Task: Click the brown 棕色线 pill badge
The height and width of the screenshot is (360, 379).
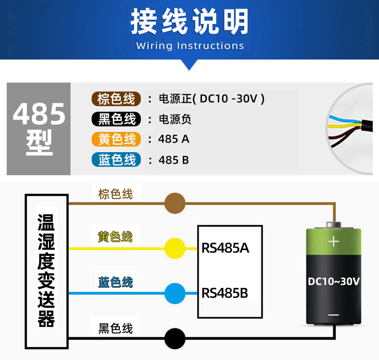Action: click(116, 99)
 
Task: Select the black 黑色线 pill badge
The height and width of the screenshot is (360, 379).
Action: click(116, 119)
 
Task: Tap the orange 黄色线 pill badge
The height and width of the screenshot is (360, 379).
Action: click(116, 139)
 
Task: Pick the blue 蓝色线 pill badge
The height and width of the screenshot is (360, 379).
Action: click(116, 159)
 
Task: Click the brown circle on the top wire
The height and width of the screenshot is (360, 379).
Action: click(175, 204)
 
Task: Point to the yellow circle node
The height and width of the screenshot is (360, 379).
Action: click(175, 248)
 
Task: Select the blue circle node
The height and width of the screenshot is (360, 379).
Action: click(175, 293)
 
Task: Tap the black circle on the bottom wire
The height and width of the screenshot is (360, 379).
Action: click(175, 338)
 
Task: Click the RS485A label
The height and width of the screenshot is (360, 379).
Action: click(225, 248)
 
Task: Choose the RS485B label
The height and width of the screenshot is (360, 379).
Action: click(225, 293)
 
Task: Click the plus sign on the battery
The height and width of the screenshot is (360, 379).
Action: click(333, 241)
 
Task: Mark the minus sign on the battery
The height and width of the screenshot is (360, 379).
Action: click(333, 315)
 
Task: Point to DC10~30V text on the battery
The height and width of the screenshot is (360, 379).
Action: click(334, 281)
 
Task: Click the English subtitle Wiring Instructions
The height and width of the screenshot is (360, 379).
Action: click(190, 46)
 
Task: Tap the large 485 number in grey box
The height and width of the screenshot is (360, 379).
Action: click(39, 114)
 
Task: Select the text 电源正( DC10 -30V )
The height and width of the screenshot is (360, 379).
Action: click(212, 99)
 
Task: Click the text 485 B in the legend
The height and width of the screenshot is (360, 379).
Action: click(174, 160)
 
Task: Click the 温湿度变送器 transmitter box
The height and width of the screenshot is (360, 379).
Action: click(47, 272)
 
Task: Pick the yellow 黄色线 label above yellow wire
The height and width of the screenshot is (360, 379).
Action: click(115, 237)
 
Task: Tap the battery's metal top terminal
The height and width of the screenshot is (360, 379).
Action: click(333, 225)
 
